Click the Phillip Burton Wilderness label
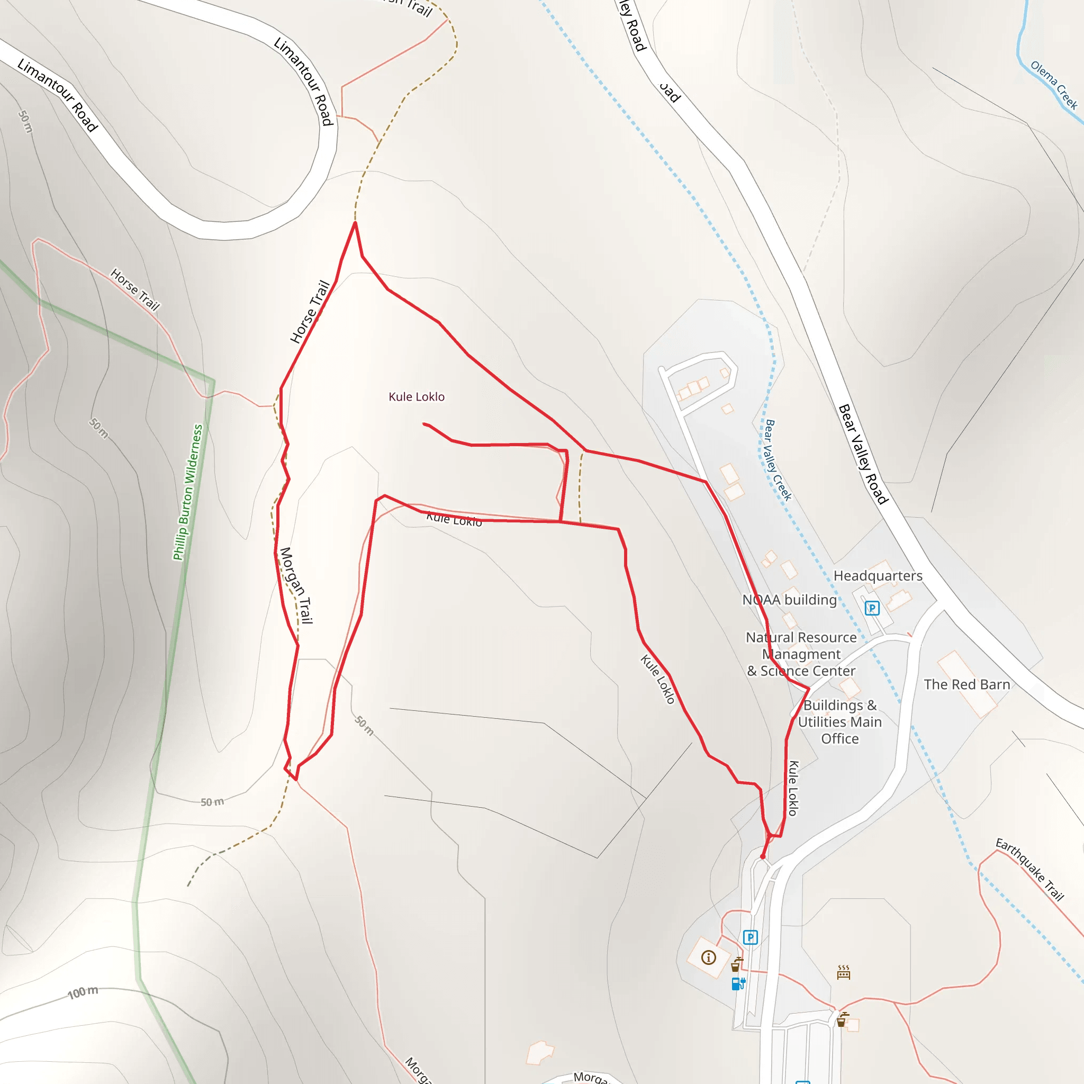coord(188,492)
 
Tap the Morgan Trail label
coord(296,585)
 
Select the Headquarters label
coord(878,576)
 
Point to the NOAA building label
coord(789,600)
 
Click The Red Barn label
coord(966,684)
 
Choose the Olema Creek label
coord(1054,85)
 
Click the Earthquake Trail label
coord(1029,869)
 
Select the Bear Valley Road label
coord(863,454)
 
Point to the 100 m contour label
coord(83,992)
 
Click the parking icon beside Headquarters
coord(872,608)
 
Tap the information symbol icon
coord(709,957)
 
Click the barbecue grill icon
coord(843,972)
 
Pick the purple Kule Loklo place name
coord(417,396)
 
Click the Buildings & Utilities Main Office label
coord(839,721)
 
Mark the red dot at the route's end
coord(763,857)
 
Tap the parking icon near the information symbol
coord(750,937)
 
